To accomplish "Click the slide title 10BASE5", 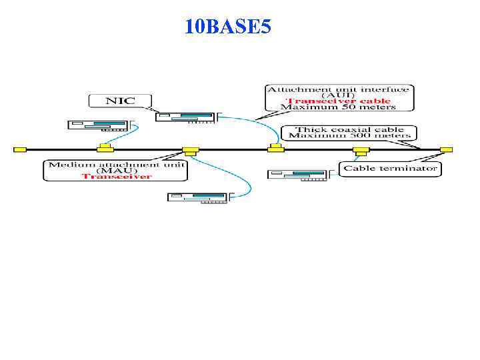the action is click(228, 27).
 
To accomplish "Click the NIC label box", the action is click(120, 101).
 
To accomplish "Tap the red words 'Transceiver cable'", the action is click(339, 101).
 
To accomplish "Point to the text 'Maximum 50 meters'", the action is click(339, 107).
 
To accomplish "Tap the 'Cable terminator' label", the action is click(391, 168).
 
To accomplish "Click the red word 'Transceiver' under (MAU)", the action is click(116, 176).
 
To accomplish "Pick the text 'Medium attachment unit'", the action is click(116, 163).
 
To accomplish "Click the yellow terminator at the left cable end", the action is click(20, 149).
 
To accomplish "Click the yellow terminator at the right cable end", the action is click(446, 149).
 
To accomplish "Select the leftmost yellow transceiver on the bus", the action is click(104, 147).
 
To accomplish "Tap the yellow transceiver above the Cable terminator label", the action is click(361, 149).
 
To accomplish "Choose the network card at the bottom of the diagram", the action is click(199, 197).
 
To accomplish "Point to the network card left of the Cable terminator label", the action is click(299, 175).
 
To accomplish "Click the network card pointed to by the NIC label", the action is click(186, 117).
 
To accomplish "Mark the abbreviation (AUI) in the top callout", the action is click(339, 95).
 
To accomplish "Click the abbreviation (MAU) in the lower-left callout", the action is click(116, 170).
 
